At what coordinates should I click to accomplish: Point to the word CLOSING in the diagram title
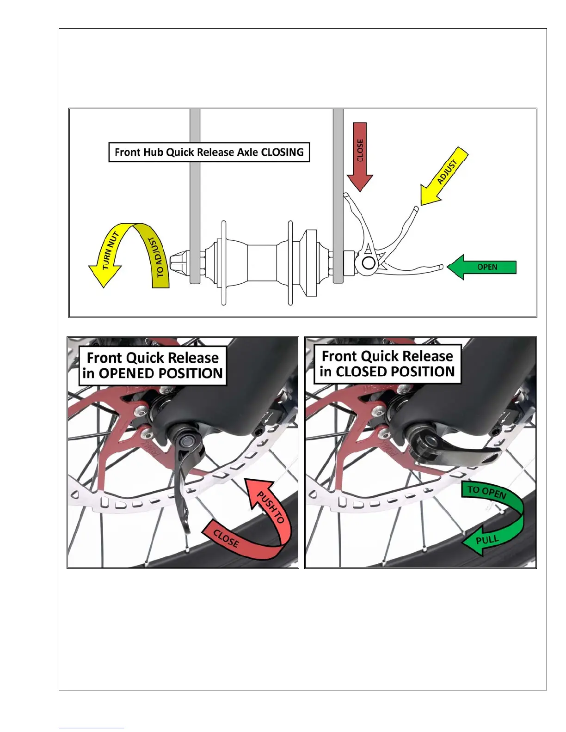click(x=283, y=152)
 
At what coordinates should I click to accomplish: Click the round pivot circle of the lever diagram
click(x=368, y=263)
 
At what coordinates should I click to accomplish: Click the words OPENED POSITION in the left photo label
click(x=161, y=373)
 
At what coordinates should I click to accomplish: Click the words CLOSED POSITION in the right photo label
click(x=395, y=372)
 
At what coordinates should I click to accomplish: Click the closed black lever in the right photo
click(x=462, y=455)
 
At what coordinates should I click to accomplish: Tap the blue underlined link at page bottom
click(x=92, y=728)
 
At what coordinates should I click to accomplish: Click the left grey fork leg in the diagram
click(x=195, y=194)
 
